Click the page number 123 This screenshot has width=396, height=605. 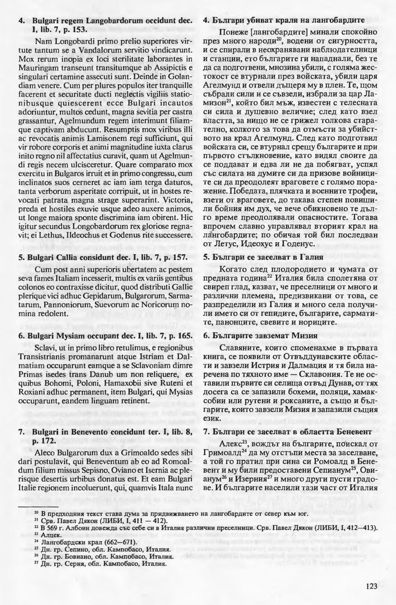coord(371,586)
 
